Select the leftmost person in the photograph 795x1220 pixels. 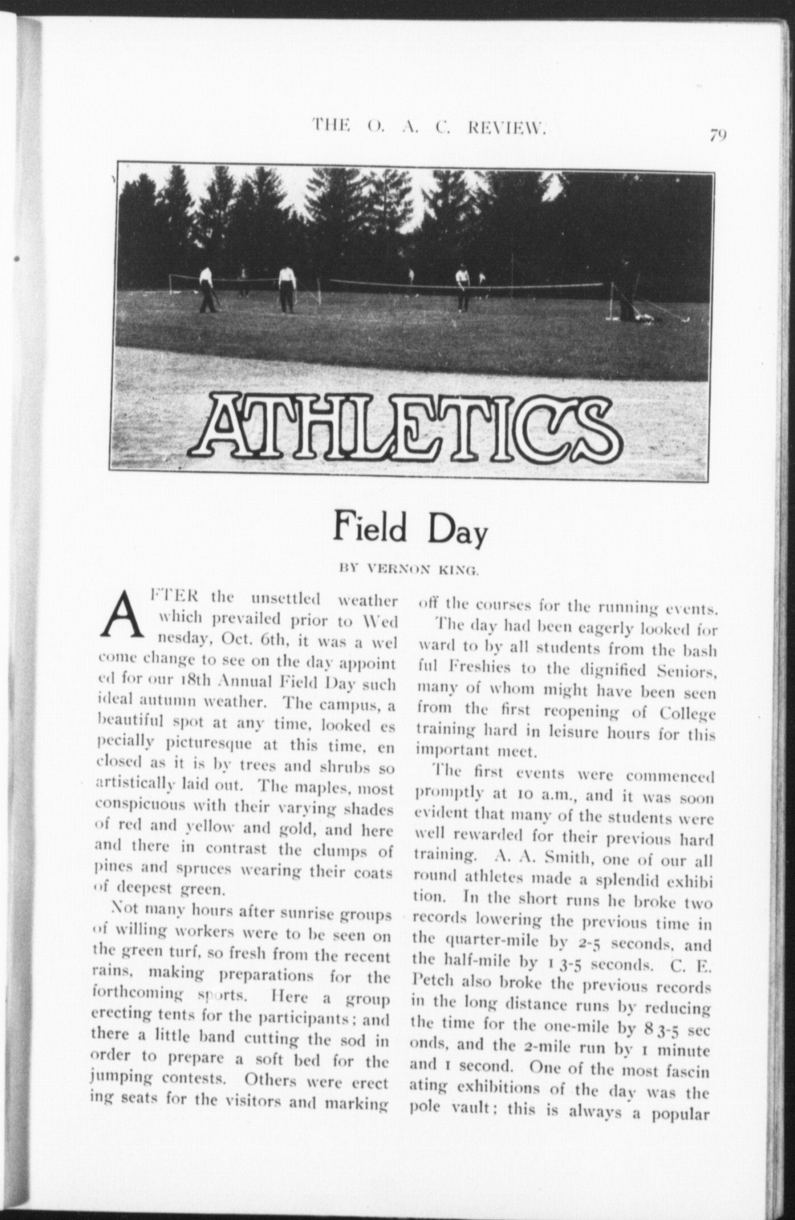[x=207, y=289]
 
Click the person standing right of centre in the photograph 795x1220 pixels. [x=463, y=287]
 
